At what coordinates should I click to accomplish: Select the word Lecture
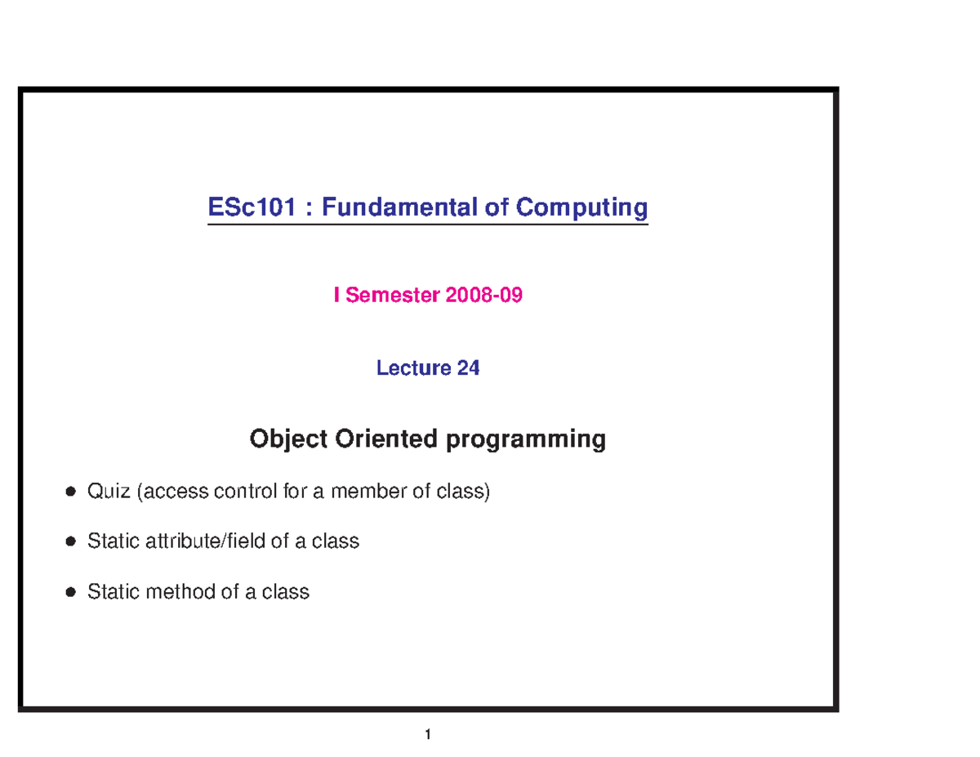tap(414, 369)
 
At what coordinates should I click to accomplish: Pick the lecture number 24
tap(469, 369)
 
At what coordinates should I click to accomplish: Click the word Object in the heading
tap(287, 440)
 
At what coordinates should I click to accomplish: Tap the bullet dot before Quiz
tap(71, 492)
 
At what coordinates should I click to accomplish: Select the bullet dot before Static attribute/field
tap(71, 542)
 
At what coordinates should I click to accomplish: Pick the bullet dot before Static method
tap(71, 593)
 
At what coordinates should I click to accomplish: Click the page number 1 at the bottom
tap(427, 735)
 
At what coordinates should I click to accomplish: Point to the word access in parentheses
tap(176, 492)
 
